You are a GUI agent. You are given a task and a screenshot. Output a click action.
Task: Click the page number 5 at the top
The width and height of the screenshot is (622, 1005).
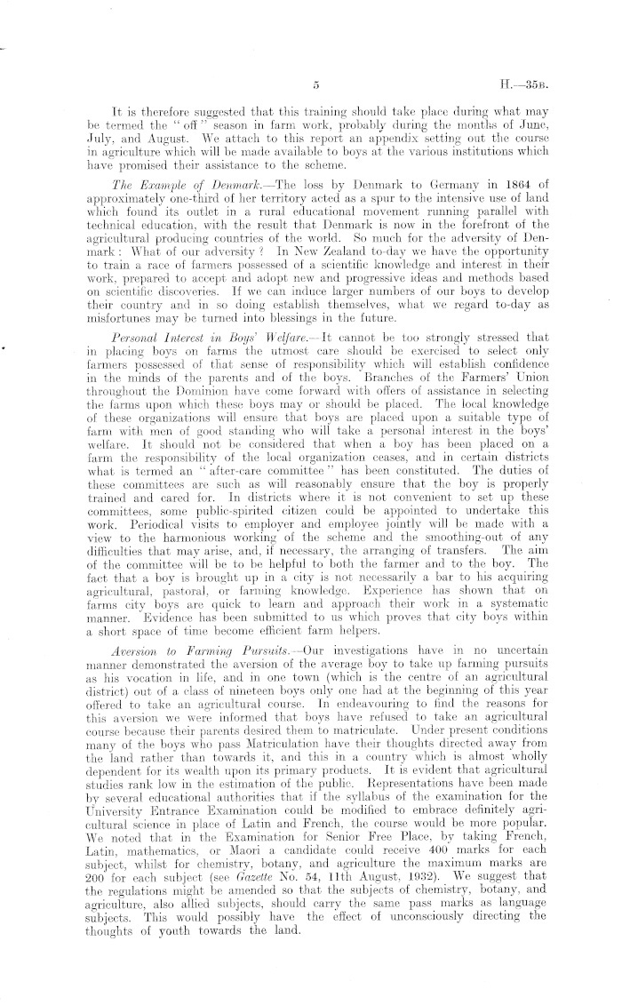click(315, 86)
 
